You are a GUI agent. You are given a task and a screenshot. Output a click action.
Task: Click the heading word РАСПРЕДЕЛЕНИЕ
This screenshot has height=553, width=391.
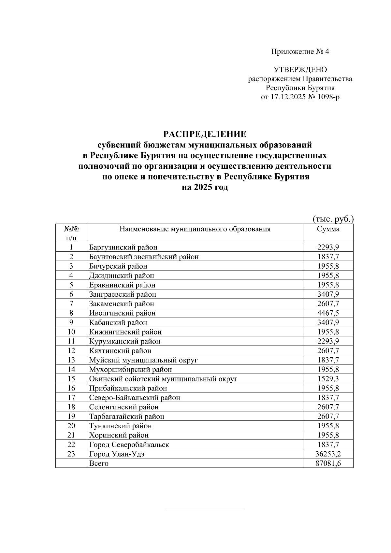(205, 134)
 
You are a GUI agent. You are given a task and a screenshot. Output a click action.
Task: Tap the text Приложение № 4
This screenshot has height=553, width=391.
(300, 51)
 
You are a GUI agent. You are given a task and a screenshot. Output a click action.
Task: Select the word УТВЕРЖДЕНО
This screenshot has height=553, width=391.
(300, 69)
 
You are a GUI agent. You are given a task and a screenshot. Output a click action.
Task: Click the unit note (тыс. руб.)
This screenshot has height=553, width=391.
(333, 219)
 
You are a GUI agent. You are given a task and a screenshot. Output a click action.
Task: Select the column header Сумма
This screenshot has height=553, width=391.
(328, 229)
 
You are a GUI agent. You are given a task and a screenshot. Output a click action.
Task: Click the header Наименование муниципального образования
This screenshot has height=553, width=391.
(195, 229)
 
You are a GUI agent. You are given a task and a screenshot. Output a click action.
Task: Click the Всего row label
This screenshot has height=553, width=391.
(99, 463)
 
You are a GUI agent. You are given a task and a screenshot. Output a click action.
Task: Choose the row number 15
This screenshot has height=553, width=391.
(71, 379)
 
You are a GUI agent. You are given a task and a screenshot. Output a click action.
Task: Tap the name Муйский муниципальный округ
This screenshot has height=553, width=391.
(143, 360)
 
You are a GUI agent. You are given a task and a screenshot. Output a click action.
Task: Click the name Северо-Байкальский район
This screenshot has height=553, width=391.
(135, 398)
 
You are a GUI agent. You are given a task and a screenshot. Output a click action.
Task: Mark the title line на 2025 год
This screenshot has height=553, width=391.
(205, 188)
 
